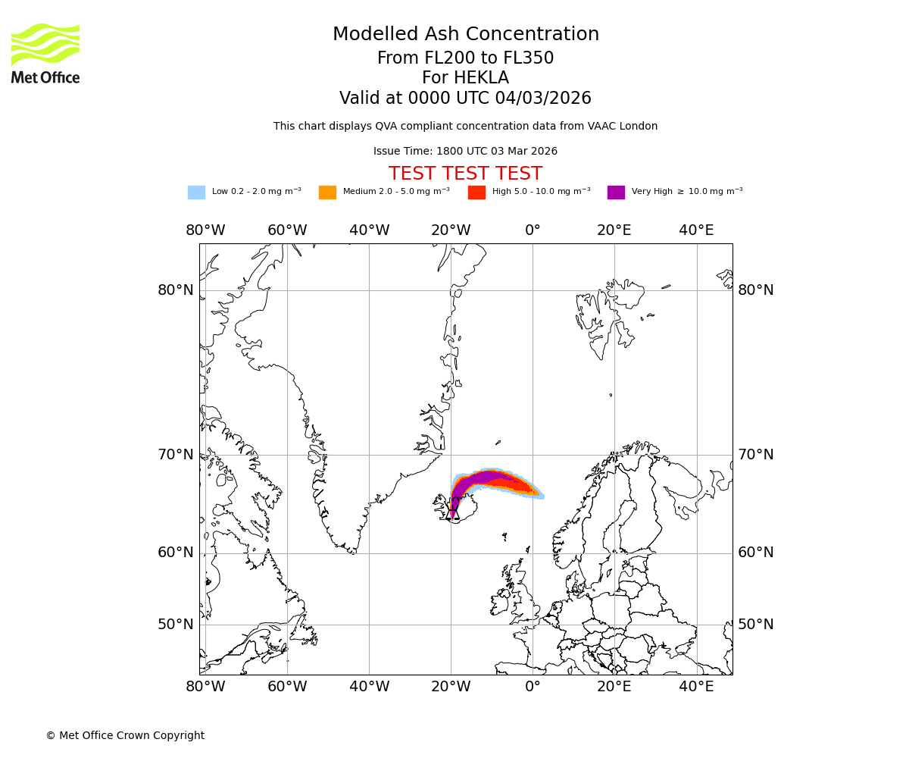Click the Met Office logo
(x=45, y=53)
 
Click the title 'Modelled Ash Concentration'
(x=465, y=34)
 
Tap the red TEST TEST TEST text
(x=465, y=174)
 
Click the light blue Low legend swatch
(x=196, y=192)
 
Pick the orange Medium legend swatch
(x=327, y=192)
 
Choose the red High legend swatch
(x=476, y=192)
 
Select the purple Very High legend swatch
(x=616, y=192)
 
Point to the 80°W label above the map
(x=205, y=230)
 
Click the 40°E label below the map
(x=695, y=687)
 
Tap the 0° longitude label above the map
(x=533, y=230)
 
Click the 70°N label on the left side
(x=176, y=455)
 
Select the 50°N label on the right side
(x=756, y=625)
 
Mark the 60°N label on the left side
(x=176, y=553)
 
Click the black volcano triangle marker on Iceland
(x=453, y=514)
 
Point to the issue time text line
(x=465, y=151)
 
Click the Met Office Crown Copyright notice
(x=125, y=735)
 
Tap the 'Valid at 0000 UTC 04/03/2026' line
(x=465, y=99)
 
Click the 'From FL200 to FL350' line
(x=465, y=58)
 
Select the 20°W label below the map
(x=451, y=687)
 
